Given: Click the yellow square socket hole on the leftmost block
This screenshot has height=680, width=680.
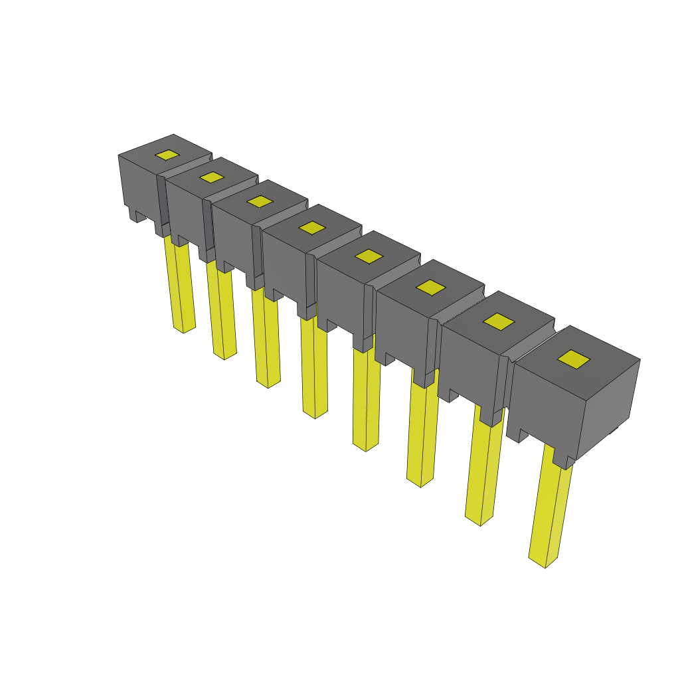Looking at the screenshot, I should click(x=167, y=155).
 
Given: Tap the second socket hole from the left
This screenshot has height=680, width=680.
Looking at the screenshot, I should click(x=212, y=177).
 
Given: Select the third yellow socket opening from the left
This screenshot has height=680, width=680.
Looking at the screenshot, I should click(x=260, y=201).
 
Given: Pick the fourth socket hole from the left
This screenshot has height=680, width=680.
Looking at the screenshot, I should click(x=311, y=227).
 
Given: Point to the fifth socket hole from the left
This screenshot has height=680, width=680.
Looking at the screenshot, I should click(x=369, y=256).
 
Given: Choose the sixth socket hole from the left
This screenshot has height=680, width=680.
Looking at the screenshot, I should click(x=432, y=287).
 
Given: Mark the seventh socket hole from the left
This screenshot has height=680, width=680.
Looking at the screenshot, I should click(x=499, y=321).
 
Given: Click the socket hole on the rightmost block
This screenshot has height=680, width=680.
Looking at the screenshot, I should click(x=574, y=359).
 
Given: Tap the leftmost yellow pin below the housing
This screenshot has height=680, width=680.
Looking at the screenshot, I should click(x=181, y=286).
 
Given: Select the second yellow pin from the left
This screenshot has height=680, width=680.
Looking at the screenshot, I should click(x=222, y=312).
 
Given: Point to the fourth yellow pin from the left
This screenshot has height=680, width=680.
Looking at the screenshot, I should click(x=314, y=369).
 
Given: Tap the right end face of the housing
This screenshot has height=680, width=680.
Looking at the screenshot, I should click(x=610, y=405).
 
